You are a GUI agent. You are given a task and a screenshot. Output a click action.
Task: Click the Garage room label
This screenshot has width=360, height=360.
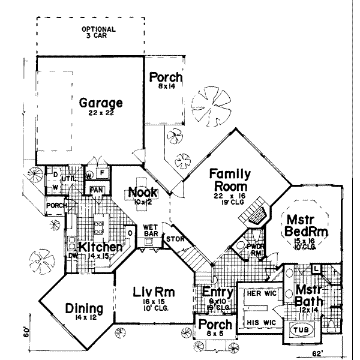(101, 102)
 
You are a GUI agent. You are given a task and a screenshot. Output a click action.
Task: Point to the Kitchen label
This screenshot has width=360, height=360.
(97, 247)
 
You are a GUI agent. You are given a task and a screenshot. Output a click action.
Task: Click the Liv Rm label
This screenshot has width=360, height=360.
(153, 293)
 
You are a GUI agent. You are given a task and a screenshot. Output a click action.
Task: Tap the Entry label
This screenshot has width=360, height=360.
(213, 292)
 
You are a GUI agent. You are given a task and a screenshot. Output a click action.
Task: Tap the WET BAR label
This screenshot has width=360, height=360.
(150, 230)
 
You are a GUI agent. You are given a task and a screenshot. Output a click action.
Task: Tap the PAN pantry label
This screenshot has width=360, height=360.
(95, 190)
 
